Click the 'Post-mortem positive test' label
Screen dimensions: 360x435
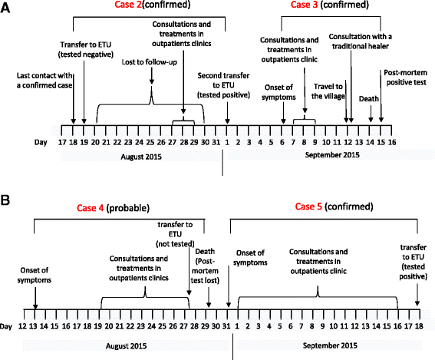[406, 81]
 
